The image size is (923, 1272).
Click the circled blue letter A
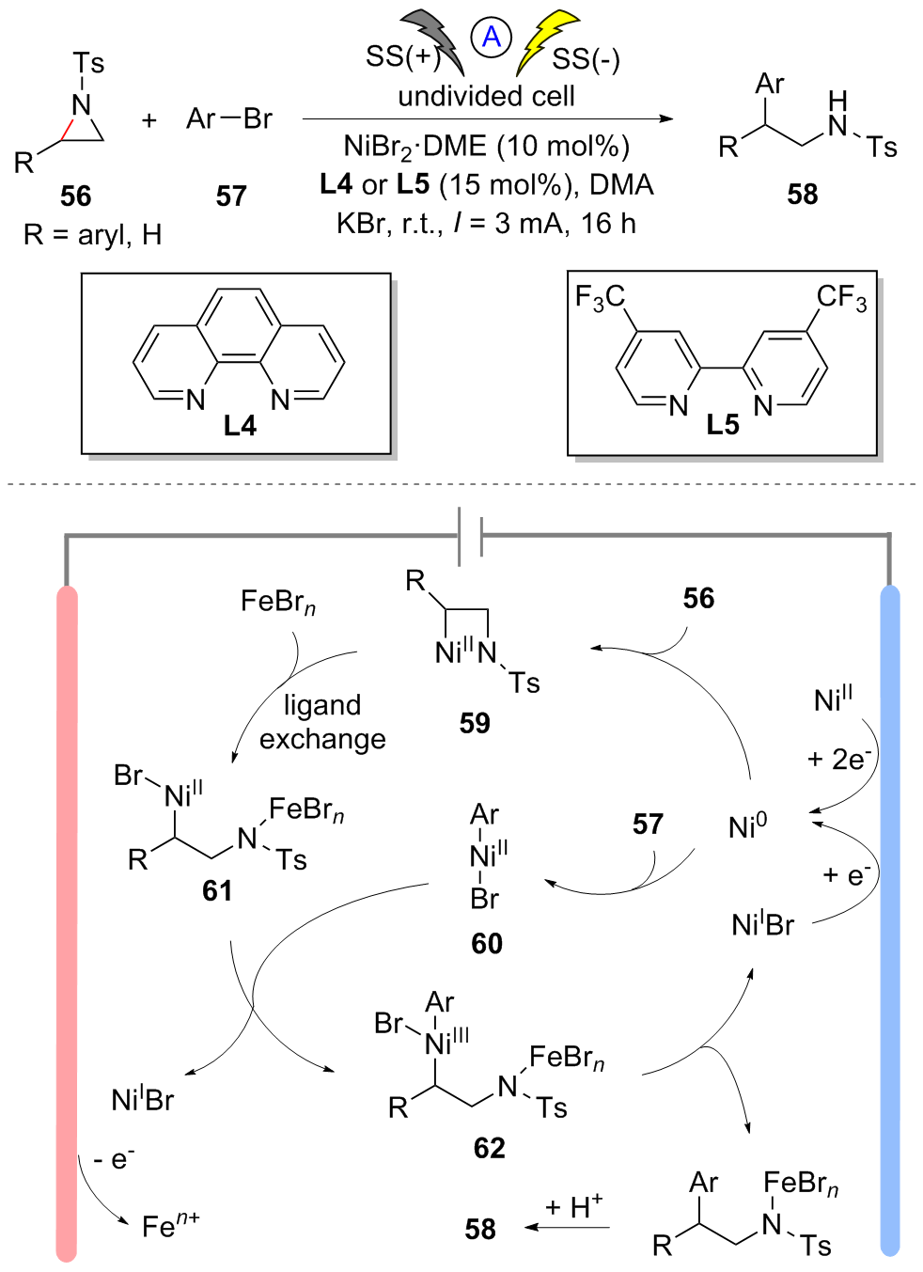491,39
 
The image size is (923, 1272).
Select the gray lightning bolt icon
435,40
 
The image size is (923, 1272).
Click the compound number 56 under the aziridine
75,196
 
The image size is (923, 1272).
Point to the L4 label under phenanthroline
240,426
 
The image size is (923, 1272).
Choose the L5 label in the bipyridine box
723,425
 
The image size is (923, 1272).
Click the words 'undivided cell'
486,96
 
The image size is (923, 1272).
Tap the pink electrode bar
67,921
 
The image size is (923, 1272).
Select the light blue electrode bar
889,921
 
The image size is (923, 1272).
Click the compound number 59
475,722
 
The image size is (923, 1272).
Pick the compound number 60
487,943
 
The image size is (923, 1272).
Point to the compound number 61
217,890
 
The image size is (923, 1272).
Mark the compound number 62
489,1147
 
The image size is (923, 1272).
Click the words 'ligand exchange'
322,722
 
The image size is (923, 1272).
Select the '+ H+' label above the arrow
573,1206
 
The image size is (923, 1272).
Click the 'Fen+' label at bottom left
170,1225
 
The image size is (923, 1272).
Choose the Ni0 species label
747,826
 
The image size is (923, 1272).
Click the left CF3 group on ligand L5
600,298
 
